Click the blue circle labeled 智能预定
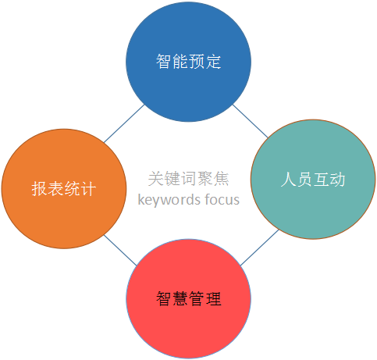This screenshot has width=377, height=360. (188, 62)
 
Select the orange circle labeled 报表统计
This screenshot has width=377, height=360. (64, 189)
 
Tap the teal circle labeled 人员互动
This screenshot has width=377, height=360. (313, 180)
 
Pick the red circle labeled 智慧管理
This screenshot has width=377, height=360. (189, 299)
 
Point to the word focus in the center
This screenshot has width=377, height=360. (222, 200)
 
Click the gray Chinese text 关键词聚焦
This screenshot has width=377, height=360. (189, 179)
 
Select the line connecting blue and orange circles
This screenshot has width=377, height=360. (124, 123)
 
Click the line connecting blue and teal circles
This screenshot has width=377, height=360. (250, 121)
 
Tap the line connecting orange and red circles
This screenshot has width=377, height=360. (120, 251)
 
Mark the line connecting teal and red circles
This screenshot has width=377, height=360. (259, 248)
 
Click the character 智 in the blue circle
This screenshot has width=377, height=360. (164, 62)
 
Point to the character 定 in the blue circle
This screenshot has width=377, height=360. (213, 62)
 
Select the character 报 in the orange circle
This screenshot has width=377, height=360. (39, 188)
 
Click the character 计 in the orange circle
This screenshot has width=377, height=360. (88, 188)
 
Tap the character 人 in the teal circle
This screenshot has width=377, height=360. (289, 180)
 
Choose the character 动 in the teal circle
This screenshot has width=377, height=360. (338, 180)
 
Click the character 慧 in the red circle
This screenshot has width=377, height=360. (180, 298)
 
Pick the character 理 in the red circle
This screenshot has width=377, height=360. (213, 298)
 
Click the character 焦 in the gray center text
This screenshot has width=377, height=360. (221, 179)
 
